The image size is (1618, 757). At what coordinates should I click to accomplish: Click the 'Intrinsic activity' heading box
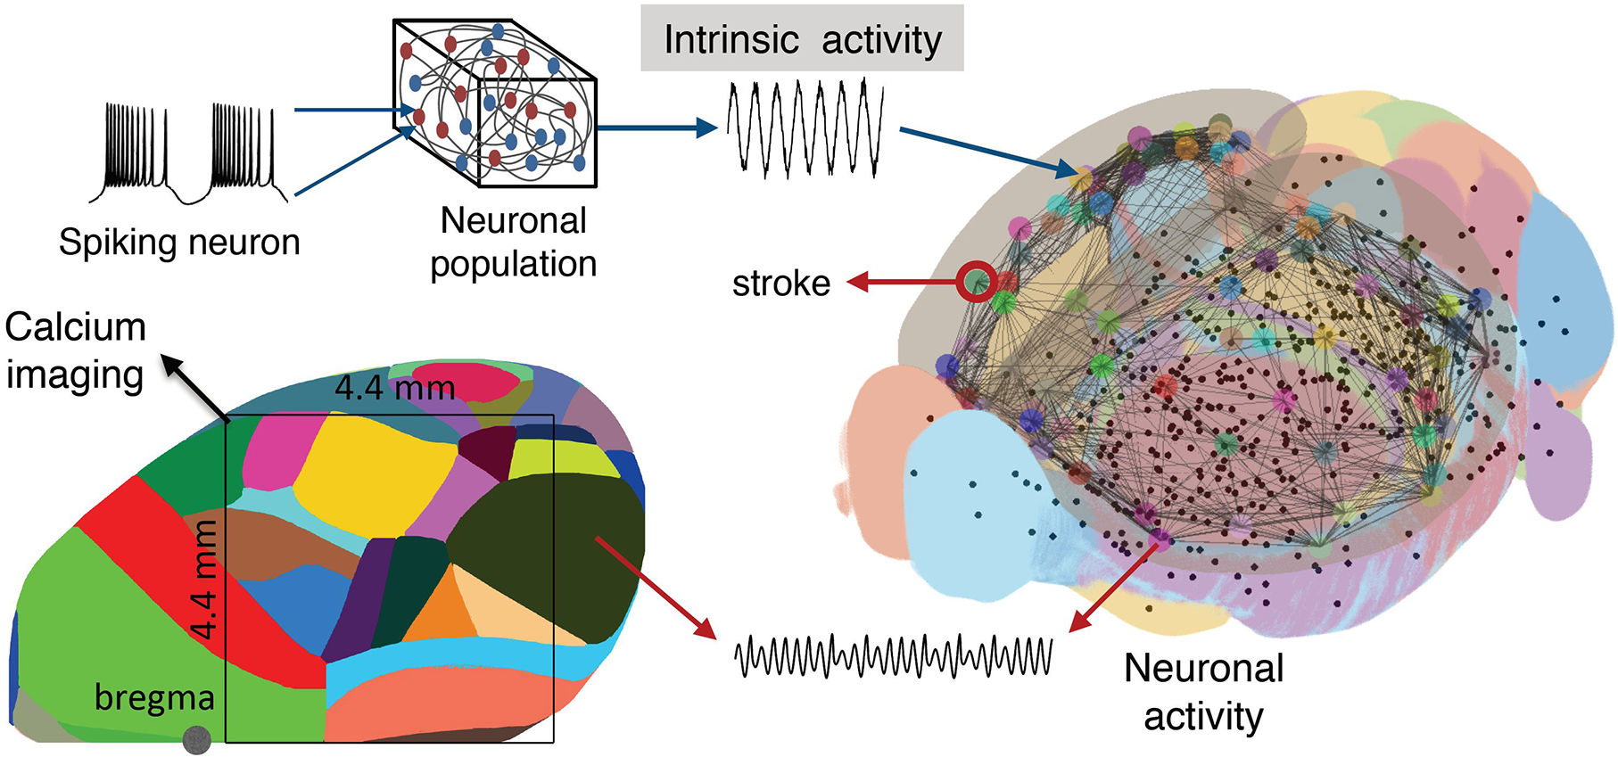(x=802, y=38)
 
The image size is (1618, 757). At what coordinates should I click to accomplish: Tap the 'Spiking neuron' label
(x=179, y=242)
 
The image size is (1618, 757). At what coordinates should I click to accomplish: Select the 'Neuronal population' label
(x=513, y=243)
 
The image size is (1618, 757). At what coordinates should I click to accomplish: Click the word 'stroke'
(x=781, y=284)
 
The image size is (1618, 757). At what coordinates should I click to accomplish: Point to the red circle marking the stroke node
(x=977, y=281)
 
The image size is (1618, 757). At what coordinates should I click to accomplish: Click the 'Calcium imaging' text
(x=75, y=350)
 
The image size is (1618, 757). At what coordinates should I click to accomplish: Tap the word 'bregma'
(x=154, y=697)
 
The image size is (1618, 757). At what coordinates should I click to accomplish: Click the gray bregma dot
(x=196, y=739)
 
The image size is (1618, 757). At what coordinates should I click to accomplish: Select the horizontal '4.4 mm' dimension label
(x=395, y=388)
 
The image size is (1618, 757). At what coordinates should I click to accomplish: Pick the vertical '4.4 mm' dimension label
(x=204, y=580)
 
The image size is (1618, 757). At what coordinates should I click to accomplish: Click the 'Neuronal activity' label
(x=1203, y=692)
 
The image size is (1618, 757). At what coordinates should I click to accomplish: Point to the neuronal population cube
(x=495, y=105)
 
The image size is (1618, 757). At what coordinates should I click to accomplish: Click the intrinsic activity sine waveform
(x=805, y=128)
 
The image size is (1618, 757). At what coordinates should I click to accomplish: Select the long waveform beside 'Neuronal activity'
(x=893, y=657)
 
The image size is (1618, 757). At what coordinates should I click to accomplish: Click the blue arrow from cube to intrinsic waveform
(x=656, y=128)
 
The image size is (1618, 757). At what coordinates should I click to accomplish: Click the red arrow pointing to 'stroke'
(x=901, y=283)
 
